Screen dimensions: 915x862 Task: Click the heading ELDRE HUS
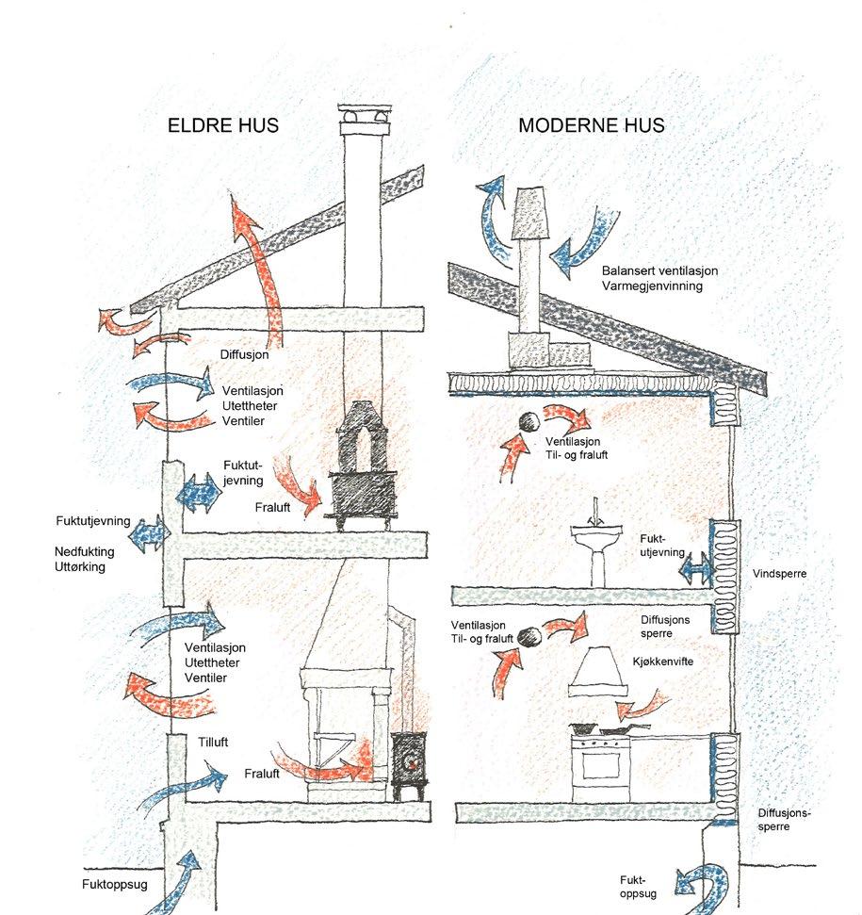(222, 125)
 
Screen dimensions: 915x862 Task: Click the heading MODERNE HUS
(592, 125)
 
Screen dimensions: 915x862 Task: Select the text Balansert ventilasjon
(659, 270)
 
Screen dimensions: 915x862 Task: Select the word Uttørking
(81, 567)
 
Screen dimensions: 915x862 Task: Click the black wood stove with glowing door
(409, 761)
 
